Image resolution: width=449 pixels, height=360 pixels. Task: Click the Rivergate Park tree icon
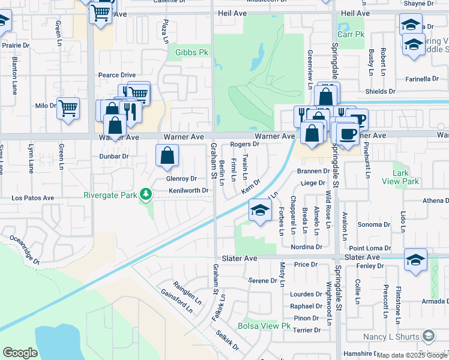point(145,193)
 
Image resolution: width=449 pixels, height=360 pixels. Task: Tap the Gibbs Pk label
point(191,53)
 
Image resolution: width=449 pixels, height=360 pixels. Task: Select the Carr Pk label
point(351,34)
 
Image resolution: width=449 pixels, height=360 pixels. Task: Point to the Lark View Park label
point(405,177)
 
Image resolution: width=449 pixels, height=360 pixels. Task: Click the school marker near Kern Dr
point(259,211)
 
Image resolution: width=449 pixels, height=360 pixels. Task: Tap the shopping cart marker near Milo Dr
point(68,109)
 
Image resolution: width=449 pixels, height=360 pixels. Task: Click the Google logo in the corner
point(20,353)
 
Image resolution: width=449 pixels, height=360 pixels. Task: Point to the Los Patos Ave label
point(33,197)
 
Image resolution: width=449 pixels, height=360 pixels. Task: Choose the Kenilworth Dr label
point(188,190)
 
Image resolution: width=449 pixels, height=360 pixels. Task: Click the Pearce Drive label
point(117,75)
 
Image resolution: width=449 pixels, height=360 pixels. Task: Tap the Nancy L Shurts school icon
point(429,335)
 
